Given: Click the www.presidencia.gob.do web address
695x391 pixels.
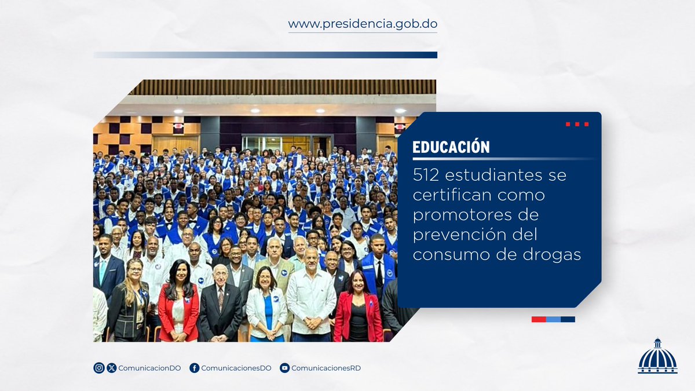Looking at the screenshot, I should point(363,25).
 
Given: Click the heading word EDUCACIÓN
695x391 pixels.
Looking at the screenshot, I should point(451,147).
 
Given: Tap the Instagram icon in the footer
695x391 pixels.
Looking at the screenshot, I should point(99,368).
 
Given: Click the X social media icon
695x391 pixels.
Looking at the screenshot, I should point(112,368).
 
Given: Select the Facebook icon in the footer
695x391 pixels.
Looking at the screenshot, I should point(195,368).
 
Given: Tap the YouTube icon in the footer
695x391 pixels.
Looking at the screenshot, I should point(284,368).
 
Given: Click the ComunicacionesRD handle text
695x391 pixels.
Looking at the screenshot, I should point(326,368).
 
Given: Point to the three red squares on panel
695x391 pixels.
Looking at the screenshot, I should point(577,124).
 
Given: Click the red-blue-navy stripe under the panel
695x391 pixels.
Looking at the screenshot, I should point(553,319).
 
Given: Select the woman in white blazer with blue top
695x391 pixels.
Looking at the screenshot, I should point(266,307).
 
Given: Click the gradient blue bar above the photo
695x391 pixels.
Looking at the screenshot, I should point(265,55).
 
